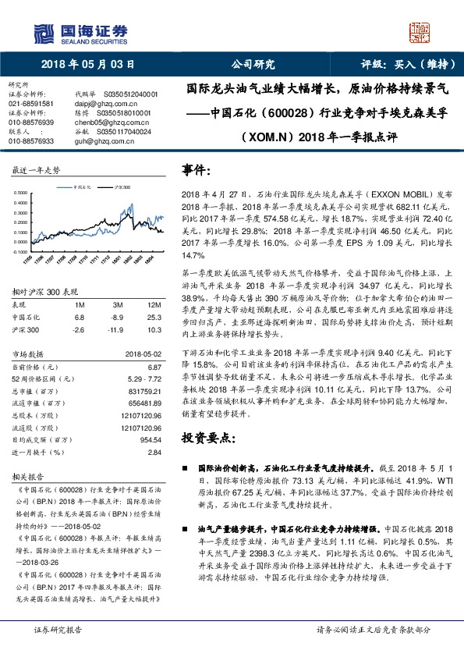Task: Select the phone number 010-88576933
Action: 31,141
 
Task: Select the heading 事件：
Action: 197,169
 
